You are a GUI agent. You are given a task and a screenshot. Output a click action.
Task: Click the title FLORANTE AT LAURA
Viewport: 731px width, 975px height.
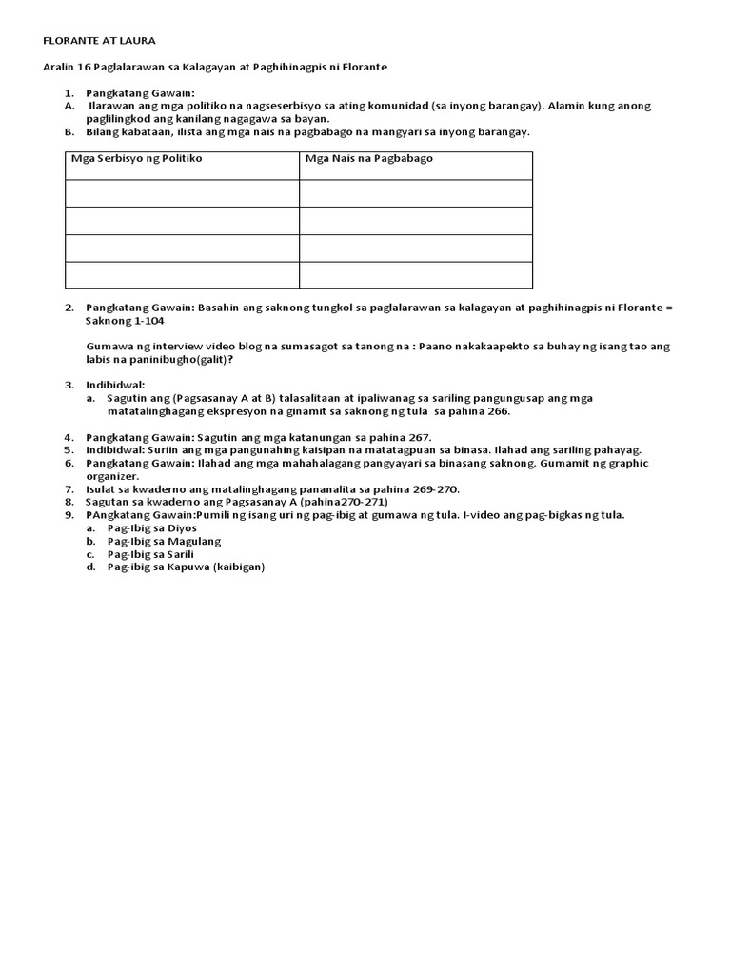click(x=101, y=41)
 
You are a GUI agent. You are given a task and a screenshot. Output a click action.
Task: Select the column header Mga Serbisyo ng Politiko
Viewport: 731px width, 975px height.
click(x=137, y=158)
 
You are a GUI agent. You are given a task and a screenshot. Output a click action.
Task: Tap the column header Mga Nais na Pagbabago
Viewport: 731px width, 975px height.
click(x=368, y=158)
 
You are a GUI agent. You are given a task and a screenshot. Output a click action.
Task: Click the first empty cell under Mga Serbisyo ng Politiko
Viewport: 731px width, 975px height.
click(x=182, y=193)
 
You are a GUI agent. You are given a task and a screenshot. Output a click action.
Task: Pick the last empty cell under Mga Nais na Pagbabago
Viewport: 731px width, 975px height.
click(x=416, y=275)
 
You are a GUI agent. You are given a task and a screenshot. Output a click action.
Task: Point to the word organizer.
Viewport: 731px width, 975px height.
click(x=112, y=476)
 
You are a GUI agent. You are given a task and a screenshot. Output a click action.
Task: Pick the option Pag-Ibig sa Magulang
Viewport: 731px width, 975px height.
click(x=164, y=541)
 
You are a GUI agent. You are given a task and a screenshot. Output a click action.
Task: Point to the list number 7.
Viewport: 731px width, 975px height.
click(x=69, y=489)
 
